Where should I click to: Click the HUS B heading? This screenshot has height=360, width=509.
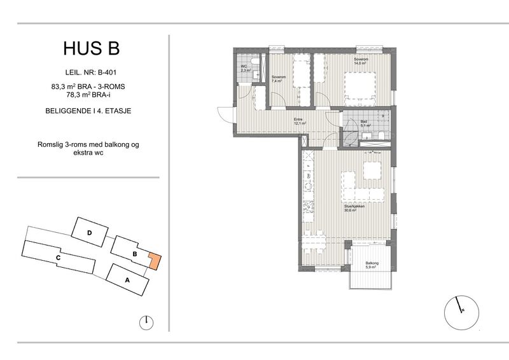point(92,48)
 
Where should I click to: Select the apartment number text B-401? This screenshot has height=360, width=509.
point(106,73)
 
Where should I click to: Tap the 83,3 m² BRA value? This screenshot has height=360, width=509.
point(68,87)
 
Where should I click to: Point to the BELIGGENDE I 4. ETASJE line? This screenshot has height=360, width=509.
point(88,111)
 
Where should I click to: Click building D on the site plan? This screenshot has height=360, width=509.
point(90,232)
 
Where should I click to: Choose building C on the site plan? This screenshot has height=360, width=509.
point(58,258)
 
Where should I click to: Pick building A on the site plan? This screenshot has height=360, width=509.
point(128,279)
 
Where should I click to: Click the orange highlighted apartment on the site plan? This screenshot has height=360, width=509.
point(155,261)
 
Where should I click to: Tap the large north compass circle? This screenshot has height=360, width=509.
point(461,311)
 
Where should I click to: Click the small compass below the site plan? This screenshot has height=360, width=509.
point(146,322)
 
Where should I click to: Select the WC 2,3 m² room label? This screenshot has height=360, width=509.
point(245,68)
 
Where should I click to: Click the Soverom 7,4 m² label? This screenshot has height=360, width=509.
point(279,79)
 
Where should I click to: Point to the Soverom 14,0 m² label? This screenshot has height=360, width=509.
point(361,61)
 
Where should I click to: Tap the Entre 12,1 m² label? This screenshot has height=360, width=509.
point(300,121)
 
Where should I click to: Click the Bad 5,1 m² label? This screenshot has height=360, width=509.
point(365,123)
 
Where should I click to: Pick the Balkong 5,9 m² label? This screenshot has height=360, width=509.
point(372,265)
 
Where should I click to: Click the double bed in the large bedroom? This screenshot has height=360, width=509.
point(360,88)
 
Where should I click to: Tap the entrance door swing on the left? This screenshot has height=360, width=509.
point(225,114)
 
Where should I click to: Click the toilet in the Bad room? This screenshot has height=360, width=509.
point(381,135)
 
